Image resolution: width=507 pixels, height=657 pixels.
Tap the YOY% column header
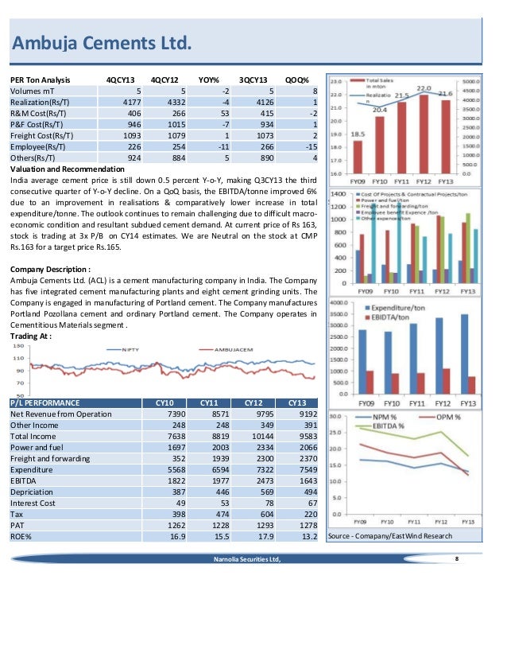pyautogui.click(x=209, y=80)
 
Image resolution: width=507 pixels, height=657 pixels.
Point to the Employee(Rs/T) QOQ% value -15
pyautogui.click(x=312, y=146)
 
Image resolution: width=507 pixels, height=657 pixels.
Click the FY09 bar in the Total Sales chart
pyautogui.click(x=358, y=156)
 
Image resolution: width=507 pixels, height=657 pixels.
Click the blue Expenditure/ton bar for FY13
pyautogui.click(x=465, y=350)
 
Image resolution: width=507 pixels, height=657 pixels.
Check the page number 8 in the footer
pyautogui.click(x=456, y=560)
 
